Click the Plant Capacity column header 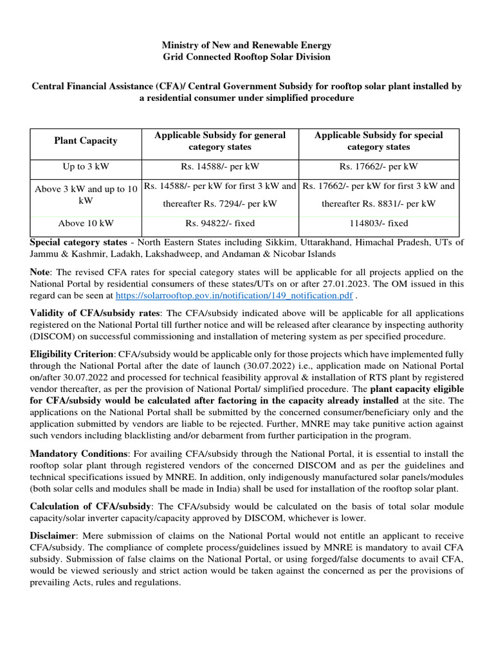pos(86,141)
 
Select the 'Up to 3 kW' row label pos(86,166)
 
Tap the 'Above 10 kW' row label pos(86,223)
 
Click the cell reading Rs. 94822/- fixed pos(220,223)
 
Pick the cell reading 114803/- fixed pos(378,223)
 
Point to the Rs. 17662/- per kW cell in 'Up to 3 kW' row pos(378,166)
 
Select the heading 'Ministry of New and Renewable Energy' pos(247,45)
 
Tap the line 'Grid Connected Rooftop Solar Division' pos(247,57)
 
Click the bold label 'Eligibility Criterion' pos(72,354)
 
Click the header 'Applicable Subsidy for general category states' pos(220,141)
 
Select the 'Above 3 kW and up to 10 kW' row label pos(86,194)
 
